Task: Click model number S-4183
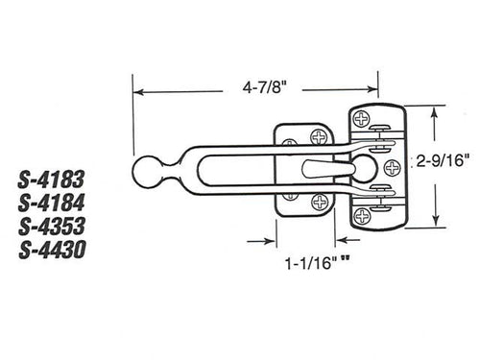click(54, 178)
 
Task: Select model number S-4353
click(54, 227)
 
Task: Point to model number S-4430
click(54, 251)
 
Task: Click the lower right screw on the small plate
click(318, 201)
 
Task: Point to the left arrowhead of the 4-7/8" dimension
click(137, 93)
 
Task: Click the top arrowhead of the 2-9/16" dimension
click(438, 110)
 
